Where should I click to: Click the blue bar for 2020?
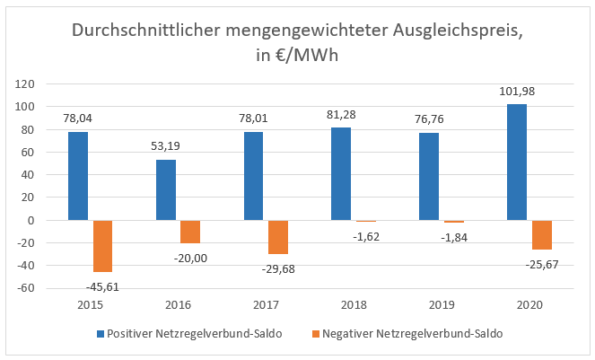click(x=517, y=162)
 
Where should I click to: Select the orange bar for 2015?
click(x=102, y=246)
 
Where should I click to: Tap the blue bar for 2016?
click(x=166, y=190)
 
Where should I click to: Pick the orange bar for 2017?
click(x=278, y=237)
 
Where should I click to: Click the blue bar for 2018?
click(x=341, y=174)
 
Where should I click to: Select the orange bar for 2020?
click(x=541, y=234)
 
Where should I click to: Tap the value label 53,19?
click(x=166, y=145)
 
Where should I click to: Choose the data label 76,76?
click(x=429, y=119)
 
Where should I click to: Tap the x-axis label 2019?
click(x=442, y=305)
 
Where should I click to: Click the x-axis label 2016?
click(x=178, y=305)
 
